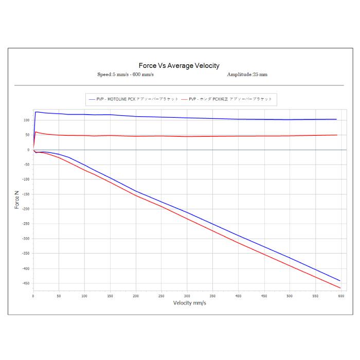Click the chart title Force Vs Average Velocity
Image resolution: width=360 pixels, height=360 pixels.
(x=179, y=65)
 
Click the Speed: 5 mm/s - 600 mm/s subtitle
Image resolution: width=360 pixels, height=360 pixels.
(x=125, y=75)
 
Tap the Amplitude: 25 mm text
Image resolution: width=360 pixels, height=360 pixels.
(x=247, y=75)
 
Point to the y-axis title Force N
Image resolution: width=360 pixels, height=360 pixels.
(x=16, y=199)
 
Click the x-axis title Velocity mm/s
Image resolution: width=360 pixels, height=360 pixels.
(x=190, y=302)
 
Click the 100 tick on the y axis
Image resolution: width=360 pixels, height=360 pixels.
(x=27, y=120)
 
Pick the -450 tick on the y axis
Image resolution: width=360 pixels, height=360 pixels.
(x=26, y=283)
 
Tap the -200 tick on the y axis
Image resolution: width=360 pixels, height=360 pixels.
(x=26, y=209)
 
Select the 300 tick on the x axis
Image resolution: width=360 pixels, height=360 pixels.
(x=187, y=296)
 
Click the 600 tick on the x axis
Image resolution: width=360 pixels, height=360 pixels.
(x=340, y=296)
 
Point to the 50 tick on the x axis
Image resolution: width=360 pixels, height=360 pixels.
(x=59, y=296)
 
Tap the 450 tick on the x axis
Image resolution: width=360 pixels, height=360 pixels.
(x=264, y=296)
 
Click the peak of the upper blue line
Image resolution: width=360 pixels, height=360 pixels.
(x=36, y=112)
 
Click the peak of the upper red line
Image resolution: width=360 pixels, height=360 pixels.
(x=35, y=132)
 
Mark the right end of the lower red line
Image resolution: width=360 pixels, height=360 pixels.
(x=340, y=287)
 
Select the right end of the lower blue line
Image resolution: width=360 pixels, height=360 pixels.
(x=340, y=280)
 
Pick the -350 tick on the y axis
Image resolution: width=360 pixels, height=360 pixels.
(x=26, y=254)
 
